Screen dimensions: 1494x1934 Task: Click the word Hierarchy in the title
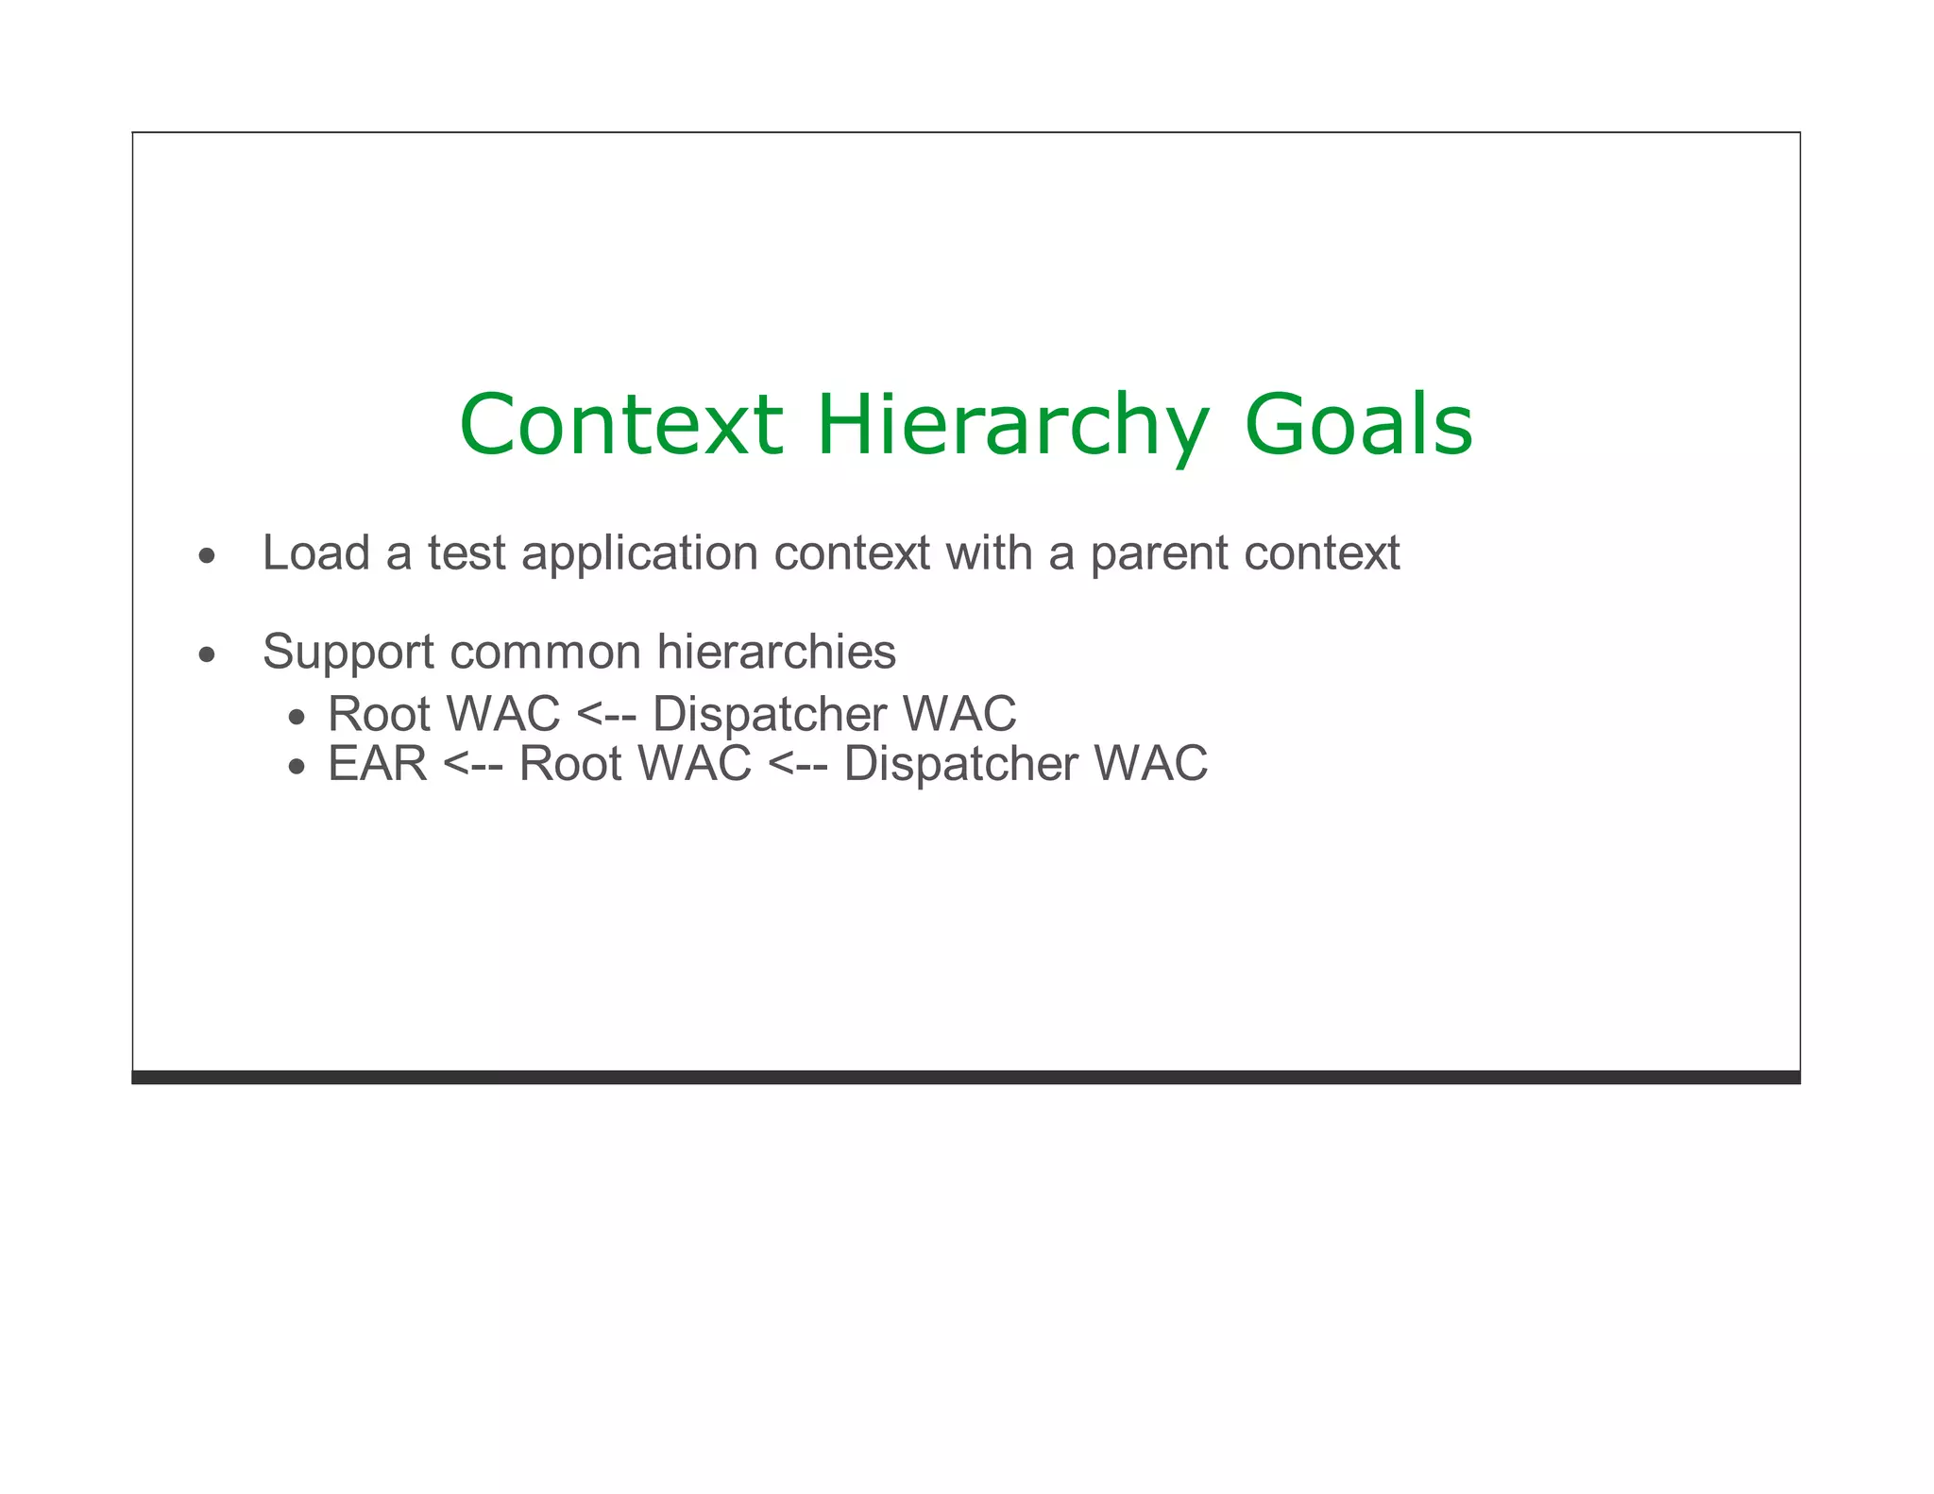tap(1012, 425)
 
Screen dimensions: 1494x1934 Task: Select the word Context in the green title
tap(620, 425)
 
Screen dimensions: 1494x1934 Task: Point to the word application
tap(639, 554)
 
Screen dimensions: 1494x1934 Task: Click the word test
tap(467, 553)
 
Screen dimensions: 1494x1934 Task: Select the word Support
tap(347, 653)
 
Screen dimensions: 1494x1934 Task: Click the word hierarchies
tap(776, 653)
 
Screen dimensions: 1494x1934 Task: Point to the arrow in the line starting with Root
tap(605, 713)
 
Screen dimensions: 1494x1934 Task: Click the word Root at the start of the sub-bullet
tap(379, 713)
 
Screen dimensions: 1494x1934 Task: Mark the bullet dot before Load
tap(207, 556)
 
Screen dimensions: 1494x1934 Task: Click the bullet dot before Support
tap(207, 654)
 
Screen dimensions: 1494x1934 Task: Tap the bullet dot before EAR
tap(297, 767)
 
